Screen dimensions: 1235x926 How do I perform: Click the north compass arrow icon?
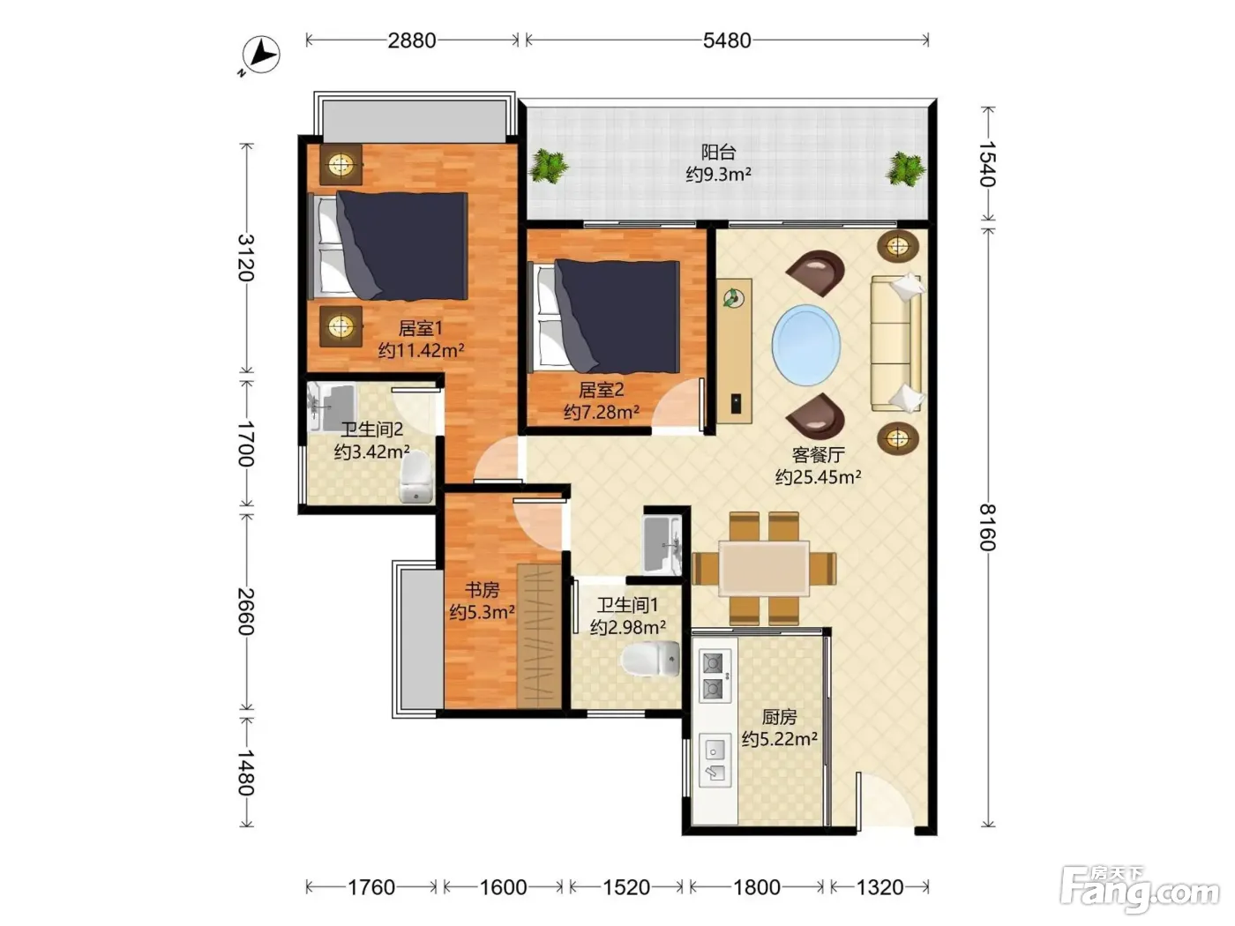260,55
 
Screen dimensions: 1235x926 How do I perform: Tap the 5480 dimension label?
726,41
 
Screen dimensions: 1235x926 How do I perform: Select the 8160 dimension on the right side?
988,527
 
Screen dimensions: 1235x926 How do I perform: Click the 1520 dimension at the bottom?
626,887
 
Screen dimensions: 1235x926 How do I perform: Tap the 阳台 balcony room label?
718,152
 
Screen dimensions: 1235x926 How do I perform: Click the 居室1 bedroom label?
421,328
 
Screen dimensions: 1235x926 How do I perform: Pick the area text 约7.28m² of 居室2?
602,412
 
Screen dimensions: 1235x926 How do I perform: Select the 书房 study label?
483,590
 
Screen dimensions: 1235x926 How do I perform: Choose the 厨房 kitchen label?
779,717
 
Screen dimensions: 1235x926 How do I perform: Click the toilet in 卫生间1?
651,659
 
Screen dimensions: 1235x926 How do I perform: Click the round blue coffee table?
806,345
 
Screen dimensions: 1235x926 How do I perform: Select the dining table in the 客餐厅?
764,568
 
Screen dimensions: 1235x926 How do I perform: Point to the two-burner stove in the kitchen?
715,676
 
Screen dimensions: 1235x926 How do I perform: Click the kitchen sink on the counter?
715,759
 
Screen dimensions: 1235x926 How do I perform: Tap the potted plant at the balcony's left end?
548,165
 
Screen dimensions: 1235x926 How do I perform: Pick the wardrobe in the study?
539,635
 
